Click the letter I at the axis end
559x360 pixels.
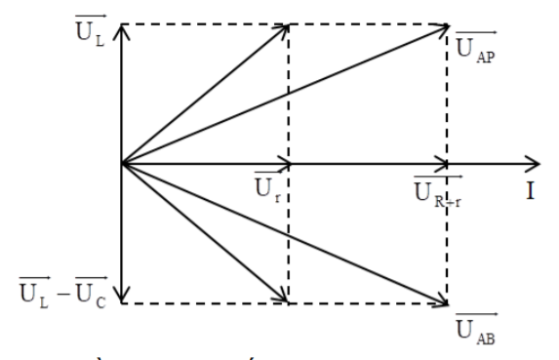click(x=531, y=189)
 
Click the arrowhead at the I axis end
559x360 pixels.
click(x=532, y=163)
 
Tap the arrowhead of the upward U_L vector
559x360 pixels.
click(x=122, y=30)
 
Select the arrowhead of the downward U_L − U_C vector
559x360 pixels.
click(x=122, y=297)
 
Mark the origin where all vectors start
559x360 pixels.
click(x=122, y=163)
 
